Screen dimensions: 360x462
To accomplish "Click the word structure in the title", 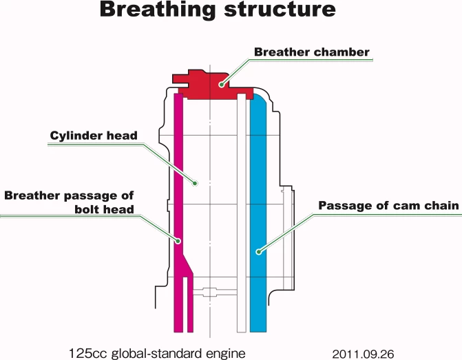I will tap(286, 10).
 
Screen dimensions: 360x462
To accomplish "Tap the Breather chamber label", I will tap(312, 52).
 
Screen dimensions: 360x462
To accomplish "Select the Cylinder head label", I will tap(94, 136).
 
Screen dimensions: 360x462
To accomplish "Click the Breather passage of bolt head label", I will tap(69, 202).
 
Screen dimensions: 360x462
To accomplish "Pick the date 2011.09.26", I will tap(363, 354).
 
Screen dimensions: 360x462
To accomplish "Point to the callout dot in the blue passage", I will tap(259, 252).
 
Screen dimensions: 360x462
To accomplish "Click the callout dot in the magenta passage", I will tap(179, 241).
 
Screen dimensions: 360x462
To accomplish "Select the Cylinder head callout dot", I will tap(196, 183).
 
